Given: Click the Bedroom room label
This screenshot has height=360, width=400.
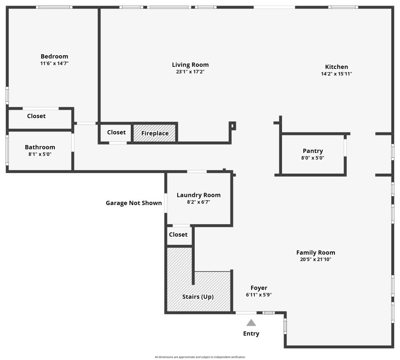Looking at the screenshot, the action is pos(54,56).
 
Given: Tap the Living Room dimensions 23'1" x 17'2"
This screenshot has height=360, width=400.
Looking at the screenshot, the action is pos(190,72).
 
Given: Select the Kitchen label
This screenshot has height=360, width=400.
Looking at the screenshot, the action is pos(336,67).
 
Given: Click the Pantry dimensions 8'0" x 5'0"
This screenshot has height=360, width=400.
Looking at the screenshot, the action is pos(313,158).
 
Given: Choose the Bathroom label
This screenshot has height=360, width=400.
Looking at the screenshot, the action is pos(40,147).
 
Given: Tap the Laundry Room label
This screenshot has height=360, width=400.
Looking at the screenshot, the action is pos(199,195).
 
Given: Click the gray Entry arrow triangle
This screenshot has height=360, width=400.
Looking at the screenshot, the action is pos(251,323).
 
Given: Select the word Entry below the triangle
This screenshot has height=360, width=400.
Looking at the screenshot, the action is pos(251,334).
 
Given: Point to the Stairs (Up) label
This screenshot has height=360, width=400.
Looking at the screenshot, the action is pos(198,297).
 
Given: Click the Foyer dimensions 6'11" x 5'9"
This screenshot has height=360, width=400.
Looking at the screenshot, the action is pos(259,295).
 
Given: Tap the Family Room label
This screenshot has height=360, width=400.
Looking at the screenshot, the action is pos(316,253).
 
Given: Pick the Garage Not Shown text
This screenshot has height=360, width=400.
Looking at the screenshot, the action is pos(134,203).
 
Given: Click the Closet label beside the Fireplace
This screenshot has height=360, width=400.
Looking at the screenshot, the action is pos(116,132).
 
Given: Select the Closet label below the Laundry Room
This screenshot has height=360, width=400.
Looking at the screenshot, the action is pos(178,234).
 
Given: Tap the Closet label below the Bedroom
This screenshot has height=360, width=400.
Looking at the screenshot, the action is pos(36,116).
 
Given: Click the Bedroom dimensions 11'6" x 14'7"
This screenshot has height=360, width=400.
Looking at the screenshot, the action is pos(54,63).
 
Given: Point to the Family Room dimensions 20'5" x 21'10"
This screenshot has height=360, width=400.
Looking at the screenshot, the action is pos(316,259).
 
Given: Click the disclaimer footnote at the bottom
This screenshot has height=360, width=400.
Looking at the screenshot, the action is pos(200,357).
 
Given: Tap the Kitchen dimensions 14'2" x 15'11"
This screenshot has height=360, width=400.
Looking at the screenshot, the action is pos(336,74).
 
